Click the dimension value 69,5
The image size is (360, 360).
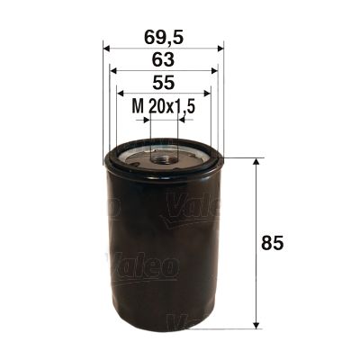pyautogui.click(x=163, y=38)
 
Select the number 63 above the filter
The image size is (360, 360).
pyautogui.click(x=163, y=60)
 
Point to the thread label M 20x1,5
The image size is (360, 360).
pyautogui.click(x=164, y=107)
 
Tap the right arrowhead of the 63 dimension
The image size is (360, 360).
pyautogui.click(x=214, y=71)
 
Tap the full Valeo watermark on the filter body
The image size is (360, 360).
pyautogui.click(x=143, y=265)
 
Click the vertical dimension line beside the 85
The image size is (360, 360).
pyautogui.click(x=259, y=242)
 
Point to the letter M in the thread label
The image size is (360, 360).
pyautogui.click(x=138, y=107)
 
